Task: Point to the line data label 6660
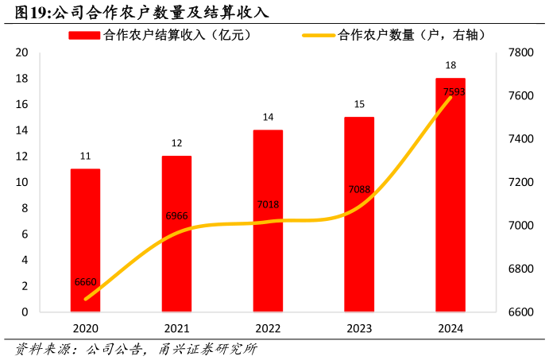[85, 282]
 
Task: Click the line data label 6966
[176, 216]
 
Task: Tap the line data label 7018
[268, 205]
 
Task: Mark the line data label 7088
[359, 189]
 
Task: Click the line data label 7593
[454, 92]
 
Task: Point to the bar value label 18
[450, 65]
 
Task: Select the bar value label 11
[85, 157]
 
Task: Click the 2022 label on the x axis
[268, 328]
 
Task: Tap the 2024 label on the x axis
[450, 328]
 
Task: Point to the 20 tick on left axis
[22, 52]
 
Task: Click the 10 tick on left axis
[22, 182]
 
